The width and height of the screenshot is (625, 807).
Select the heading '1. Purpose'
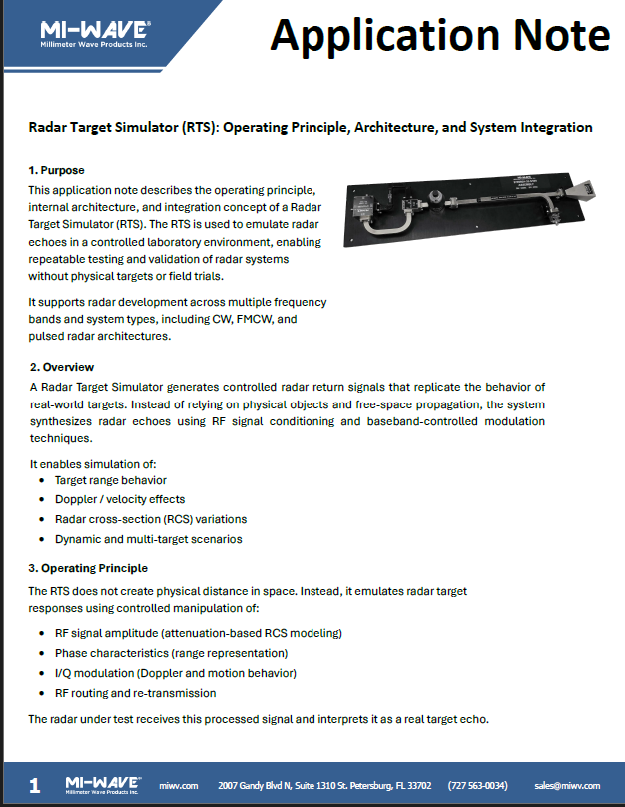pos(56,170)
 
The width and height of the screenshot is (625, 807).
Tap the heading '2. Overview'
pos(62,367)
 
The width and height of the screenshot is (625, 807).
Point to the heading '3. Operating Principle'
pos(88,568)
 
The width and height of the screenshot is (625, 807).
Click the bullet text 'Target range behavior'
pos(110,480)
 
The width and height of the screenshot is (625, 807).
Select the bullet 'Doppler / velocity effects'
pos(119,499)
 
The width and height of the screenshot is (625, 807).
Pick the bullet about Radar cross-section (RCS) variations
pos(150,519)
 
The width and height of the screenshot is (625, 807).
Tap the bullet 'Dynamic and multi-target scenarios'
pos(148,539)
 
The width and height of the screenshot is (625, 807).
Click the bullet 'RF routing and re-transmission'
pos(135,692)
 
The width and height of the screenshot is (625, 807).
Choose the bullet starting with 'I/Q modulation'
pos(175,673)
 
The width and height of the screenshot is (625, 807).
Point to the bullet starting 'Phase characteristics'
pos(171,653)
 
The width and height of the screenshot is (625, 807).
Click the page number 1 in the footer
pos(35,786)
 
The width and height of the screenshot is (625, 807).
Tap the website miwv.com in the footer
pos(179,786)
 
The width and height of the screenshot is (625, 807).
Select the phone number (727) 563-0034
pos(477,786)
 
